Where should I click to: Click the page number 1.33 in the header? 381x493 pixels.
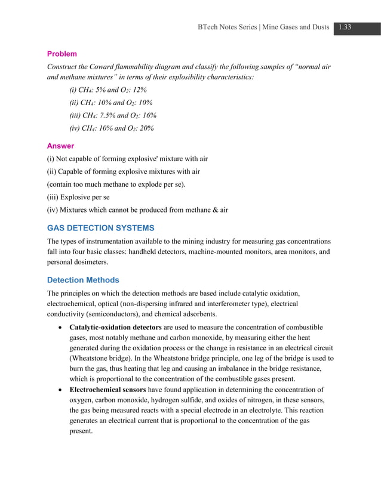coord(344,27)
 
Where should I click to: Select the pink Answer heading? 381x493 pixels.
coord(60,146)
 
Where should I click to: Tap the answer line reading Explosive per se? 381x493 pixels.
coord(78,197)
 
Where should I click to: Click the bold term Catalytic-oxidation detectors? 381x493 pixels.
coord(115,328)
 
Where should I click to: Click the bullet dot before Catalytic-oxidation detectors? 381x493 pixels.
coord(62,328)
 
